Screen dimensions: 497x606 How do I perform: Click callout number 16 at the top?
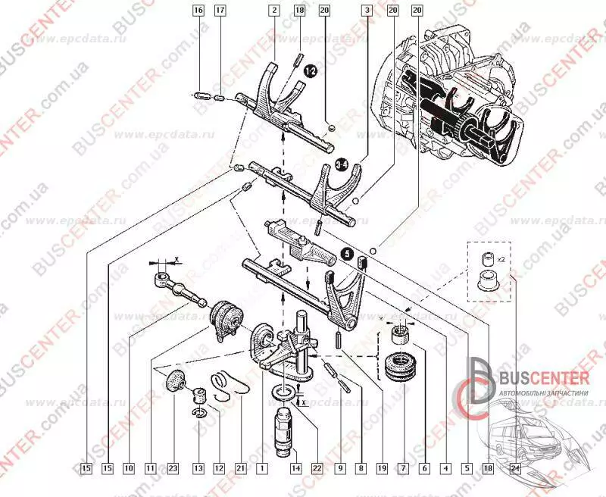[198, 11]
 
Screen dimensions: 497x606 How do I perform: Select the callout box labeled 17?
[220, 11]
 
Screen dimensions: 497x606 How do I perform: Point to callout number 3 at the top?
[367, 11]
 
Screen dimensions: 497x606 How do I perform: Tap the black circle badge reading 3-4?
[342, 165]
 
